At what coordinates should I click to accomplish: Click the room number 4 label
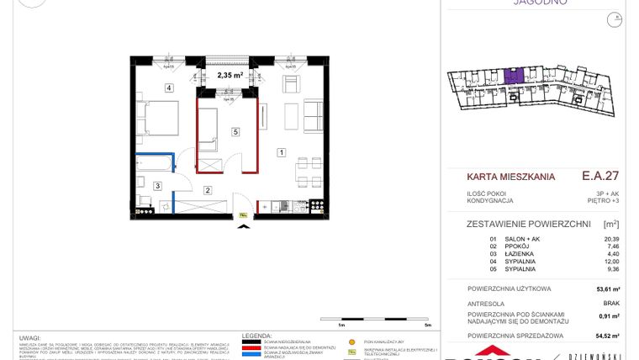168,87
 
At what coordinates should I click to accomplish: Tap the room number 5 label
236,132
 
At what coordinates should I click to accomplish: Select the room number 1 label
282,152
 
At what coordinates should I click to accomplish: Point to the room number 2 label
207,190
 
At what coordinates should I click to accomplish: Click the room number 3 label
157,185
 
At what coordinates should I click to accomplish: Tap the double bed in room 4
157,115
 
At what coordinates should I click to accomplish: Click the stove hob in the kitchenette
318,204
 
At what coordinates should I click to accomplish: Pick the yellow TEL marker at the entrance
244,214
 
